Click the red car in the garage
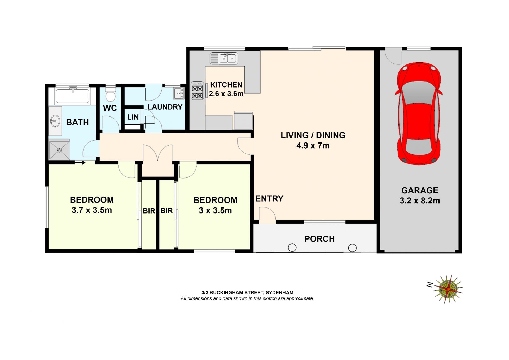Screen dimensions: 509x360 (419, 114)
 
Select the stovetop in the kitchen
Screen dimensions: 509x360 (198, 90)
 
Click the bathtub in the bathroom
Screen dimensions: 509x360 (72, 96)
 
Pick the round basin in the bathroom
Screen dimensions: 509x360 (55, 121)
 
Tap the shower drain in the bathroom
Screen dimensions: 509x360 (59, 150)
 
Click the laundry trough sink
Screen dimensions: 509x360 (179, 93)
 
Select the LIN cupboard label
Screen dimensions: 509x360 (133, 117)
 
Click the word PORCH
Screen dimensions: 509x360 (319, 239)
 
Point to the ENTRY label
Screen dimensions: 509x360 (269, 199)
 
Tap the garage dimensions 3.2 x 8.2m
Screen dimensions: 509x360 (420, 201)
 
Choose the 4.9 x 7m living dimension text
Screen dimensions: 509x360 (313, 146)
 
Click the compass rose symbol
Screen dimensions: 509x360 (448, 289)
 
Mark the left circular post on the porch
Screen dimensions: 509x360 (292, 248)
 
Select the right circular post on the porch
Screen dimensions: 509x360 (352, 248)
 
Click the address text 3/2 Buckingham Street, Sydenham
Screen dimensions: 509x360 (247, 293)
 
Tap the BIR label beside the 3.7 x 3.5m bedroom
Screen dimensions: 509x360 (149, 211)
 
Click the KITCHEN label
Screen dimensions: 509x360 (226, 85)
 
